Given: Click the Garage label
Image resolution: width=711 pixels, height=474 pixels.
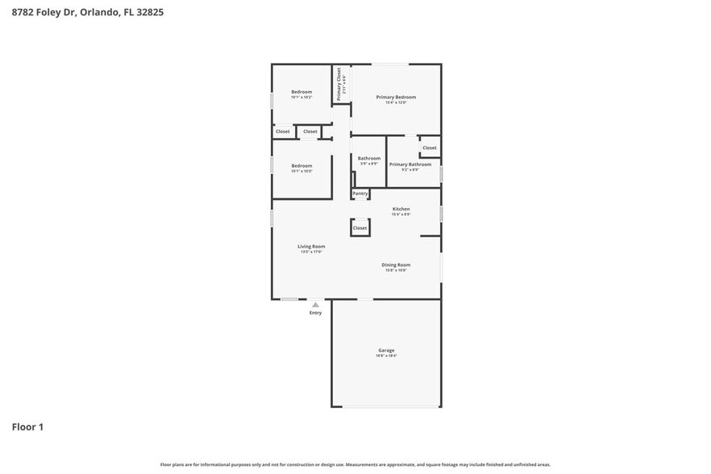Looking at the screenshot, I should click(x=387, y=350).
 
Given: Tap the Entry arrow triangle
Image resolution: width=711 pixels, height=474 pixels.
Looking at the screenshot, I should click(x=315, y=305).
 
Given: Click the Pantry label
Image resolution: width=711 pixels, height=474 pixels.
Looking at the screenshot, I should click(x=360, y=193).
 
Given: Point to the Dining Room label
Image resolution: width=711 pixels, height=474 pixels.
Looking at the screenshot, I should click(x=396, y=264).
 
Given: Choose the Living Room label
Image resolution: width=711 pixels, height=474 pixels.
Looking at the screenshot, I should click(x=311, y=246).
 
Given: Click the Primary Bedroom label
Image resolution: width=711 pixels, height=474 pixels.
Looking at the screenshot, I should click(x=396, y=97).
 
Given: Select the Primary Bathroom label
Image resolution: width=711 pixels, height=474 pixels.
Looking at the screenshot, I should click(x=410, y=164).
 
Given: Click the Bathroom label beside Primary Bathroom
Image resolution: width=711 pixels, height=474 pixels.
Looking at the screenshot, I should click(x=369, y=158).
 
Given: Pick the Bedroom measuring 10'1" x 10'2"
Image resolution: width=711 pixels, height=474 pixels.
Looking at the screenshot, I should click(x=301, y=92).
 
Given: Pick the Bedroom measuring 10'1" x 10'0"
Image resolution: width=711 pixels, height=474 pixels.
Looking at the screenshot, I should click(x=301, y=165).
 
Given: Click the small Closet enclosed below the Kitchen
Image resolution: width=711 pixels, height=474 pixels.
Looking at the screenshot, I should click(x=360, y=228).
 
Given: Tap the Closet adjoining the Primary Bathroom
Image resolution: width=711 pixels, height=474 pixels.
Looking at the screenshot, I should click(x=430, y=148).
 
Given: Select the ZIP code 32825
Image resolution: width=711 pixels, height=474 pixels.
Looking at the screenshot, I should click(x=151, y=13).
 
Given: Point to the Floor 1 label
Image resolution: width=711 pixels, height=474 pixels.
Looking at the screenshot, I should click(x=27, y=426).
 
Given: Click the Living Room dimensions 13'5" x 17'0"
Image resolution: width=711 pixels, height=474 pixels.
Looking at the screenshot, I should click(x=311, y=252).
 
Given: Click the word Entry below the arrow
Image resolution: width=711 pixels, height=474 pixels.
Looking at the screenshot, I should click(x=315, y=313).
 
